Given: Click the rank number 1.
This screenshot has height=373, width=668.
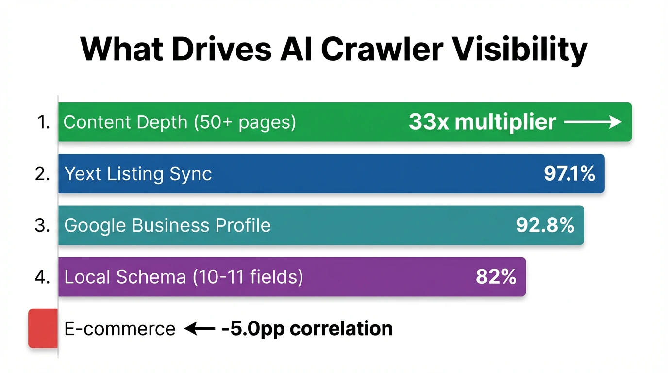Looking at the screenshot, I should pos(44,122).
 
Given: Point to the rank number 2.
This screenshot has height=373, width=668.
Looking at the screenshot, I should pos(43,174).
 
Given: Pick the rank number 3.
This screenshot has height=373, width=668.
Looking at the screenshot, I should pos(43,225).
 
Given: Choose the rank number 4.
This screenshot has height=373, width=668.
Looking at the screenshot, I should pos(43,277).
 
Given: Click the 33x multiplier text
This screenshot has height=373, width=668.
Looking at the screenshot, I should pos(482,122).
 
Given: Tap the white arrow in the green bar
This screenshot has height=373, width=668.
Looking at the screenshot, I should pos(593,122).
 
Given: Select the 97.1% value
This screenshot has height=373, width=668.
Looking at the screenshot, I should pos(569,174).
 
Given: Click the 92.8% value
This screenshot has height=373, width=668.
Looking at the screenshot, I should pos(545,225).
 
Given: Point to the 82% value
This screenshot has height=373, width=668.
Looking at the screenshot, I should pos(496,277).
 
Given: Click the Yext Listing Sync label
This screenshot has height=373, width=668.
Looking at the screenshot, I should pos(138,174).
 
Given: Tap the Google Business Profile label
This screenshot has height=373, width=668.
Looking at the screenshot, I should pos(167,225).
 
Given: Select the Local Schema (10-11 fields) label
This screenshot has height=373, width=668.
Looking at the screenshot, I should pos(184,277).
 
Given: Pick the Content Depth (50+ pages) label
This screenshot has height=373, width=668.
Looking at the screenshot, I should pos(180,122).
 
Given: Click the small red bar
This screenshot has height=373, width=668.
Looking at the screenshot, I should pos(43,328).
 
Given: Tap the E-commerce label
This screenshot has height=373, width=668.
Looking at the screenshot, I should pos(119,329).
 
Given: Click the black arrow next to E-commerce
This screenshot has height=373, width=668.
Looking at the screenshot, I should pos(200,329).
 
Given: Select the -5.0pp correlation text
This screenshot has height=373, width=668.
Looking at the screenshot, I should pos(307,329).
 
